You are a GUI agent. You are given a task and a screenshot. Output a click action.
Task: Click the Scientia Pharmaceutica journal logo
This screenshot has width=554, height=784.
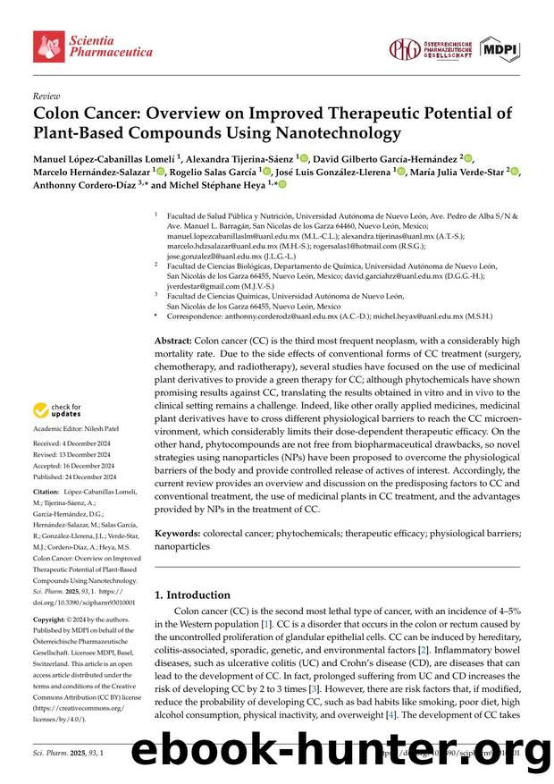(93, 46)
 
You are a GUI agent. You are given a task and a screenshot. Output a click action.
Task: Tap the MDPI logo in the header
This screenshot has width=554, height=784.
(499, 49)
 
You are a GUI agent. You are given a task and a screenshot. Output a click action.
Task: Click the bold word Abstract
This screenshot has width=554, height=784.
(174, 341)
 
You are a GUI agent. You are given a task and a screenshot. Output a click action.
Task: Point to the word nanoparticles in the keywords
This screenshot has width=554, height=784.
(182, 546)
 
